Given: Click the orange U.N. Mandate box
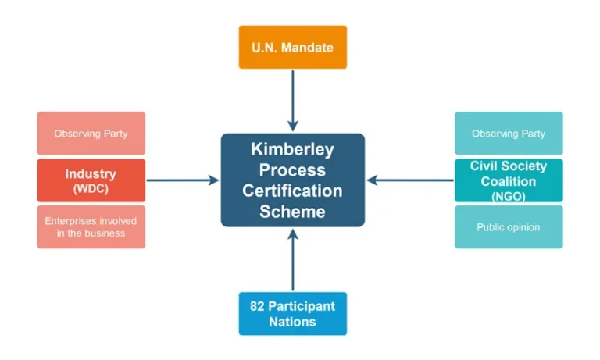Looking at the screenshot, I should point(292,48).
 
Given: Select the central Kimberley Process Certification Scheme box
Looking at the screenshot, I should point(292,180).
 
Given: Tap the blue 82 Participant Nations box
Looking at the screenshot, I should point(292,313).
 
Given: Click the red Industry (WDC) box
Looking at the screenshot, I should point(91,180).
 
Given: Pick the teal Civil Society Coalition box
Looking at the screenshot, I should point(509,180).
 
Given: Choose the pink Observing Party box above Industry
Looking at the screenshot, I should point(91,134).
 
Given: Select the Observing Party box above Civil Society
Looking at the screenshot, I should point(509,134).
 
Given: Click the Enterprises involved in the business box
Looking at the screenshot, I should point(91,227).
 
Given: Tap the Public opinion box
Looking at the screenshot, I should point(509,227).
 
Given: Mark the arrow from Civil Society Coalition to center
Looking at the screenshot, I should point(410,180).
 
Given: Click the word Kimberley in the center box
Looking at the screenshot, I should point(292,149).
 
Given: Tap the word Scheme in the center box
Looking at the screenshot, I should point(292,211).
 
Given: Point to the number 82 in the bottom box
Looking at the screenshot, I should point(257,306).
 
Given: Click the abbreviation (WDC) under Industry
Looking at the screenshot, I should point(91,188).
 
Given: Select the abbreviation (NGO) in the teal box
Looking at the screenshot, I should point(509,197).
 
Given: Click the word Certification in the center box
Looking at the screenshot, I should point(292,191).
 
